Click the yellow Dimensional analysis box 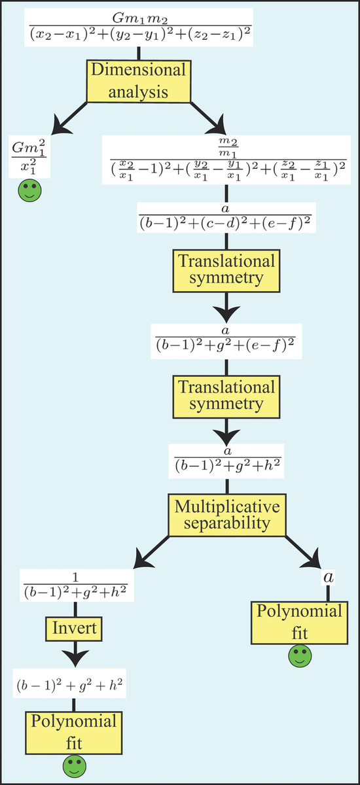point(139,81)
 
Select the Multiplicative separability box point(226,515)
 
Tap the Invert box point(74,629)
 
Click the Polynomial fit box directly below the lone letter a point(299,623)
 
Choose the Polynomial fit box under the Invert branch point(73,733)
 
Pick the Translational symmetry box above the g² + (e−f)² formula point(226,271)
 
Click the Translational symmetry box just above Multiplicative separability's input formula point(226,396)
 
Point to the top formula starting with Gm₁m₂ point(139,27)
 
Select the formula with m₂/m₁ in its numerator point(226,160)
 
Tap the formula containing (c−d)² point(226,218)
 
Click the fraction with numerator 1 point(77,586)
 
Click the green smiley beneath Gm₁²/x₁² point(30,190)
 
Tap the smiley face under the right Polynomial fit point(300,655)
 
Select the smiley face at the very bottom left point(75,766)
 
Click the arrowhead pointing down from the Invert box point(75,658)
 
